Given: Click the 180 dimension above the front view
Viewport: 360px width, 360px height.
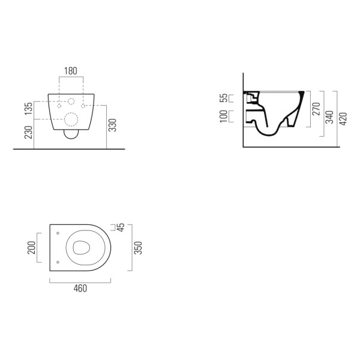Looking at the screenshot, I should pyautogui.click(x=71, y=71).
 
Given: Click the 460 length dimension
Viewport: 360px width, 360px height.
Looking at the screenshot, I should pyautogui.click(x=80, y=289).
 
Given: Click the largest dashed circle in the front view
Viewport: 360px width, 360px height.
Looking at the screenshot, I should pyautogui.click(x=71, y=119).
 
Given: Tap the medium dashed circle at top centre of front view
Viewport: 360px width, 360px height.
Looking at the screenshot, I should pyautogui.click(x=71, y=101).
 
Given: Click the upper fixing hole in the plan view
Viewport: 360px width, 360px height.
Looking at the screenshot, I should pyautogui.click(x=56, y=233).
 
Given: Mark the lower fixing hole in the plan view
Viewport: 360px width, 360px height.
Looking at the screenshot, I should pyautogui.click(x=56, y=262).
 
